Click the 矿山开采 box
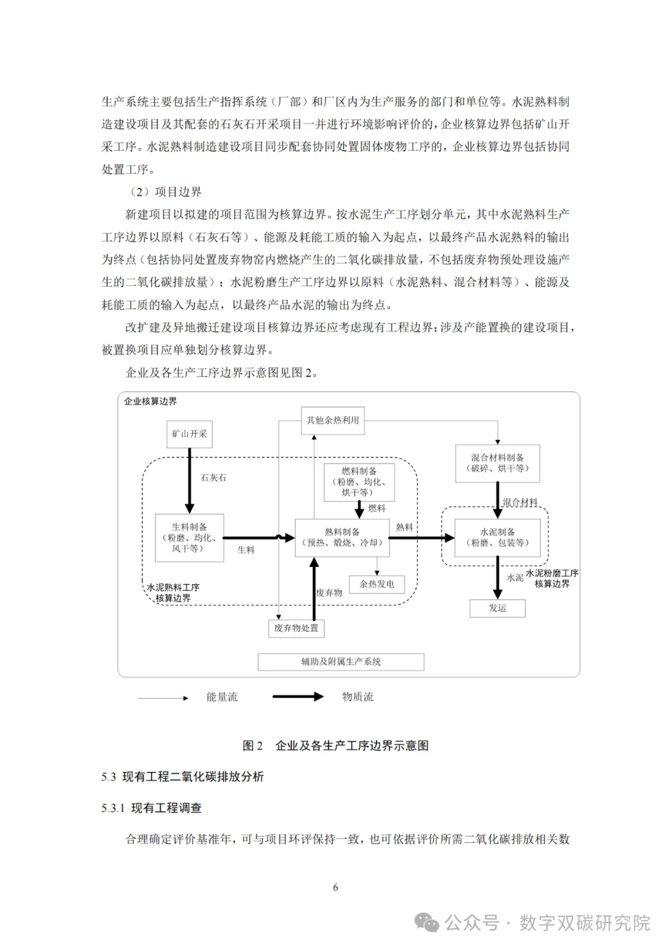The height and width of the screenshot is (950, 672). [189, 434]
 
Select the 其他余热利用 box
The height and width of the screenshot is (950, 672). [333, 421]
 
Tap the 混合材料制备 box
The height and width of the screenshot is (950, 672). [498, 463]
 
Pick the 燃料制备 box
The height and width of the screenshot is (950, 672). [359, 482]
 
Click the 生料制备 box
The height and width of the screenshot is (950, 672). [189, 538]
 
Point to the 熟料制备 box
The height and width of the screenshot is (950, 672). [342, 538]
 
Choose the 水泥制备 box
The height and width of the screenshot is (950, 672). [498, 538]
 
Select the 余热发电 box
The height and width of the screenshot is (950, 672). [376, 584]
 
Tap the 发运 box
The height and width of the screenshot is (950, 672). [498, 608]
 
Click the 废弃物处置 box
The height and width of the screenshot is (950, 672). [296, 628]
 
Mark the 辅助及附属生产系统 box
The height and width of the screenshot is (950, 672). [341, 661]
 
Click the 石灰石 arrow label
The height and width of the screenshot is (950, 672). [213, 478]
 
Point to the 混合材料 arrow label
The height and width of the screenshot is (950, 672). [520, 502]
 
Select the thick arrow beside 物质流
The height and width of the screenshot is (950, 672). [298, 696]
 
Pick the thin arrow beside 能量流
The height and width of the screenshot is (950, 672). [163, 698]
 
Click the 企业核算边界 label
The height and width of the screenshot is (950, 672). [151, 401]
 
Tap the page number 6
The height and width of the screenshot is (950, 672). [335, 887]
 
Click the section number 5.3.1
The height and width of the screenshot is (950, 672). [113, 808]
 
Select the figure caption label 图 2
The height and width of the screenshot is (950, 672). [253, 745]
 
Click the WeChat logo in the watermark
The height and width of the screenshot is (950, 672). [427, 923]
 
